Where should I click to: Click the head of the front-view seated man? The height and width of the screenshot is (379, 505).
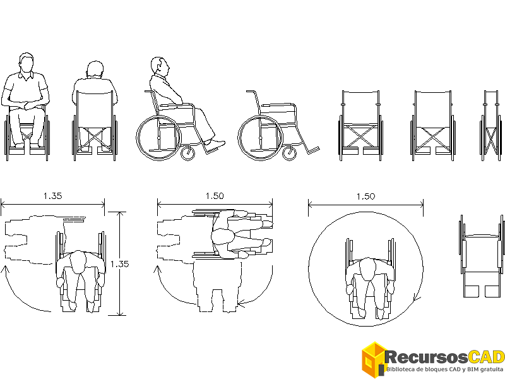pyautogui.click(x=26, y=64)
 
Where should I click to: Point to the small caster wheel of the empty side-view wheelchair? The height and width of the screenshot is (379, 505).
pyautogui.click(x=290, y=153)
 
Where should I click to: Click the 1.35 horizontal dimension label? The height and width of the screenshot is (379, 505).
pyautogui.click(x=52, y=196)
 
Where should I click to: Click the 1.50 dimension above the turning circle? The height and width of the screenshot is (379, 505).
pyautogui.click(x=365, y=196)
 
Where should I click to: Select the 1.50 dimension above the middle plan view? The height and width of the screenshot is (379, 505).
pyautogui.click(x=215, y=196)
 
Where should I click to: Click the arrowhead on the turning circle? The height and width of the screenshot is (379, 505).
pyautogui.click(x=415, y=298)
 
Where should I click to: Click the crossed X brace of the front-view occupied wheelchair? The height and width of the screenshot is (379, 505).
pyautogui.click(x=27, y=136)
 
